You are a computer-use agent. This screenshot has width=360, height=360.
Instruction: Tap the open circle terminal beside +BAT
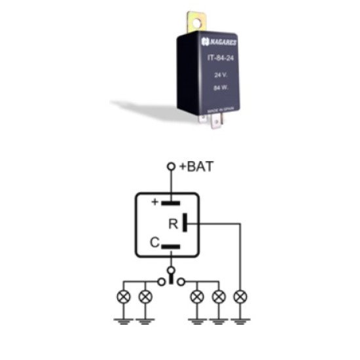point(170,168)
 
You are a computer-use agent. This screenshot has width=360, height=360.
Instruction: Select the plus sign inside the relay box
point(155,202)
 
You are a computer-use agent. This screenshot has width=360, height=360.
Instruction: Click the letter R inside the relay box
point(173,224)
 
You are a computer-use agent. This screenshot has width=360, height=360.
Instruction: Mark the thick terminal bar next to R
point(187,223)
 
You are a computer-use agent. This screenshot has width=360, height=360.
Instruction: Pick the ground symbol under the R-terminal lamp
point(241,321)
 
